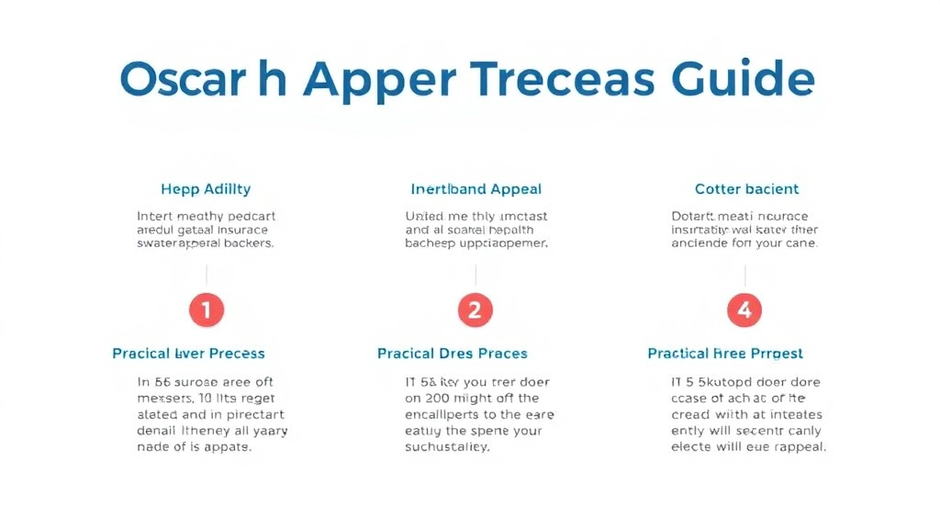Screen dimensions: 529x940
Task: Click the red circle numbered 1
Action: click(206, 310)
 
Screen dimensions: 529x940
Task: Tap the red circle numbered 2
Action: click(475, 310)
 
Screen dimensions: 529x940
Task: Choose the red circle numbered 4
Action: click(744, 310)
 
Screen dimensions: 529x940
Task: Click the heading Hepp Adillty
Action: click(206, 189)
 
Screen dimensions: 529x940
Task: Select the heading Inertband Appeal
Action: click(476, 189)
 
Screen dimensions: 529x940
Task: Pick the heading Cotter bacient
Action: click(746, 189)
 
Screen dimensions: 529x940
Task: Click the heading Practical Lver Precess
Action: click(188, 354)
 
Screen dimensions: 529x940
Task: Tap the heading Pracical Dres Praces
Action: click(453, 354)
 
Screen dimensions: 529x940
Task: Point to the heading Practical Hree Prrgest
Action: click(725, 354)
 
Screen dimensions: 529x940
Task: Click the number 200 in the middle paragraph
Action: click(437, 399)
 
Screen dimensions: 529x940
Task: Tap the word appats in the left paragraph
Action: click(229, 447)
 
